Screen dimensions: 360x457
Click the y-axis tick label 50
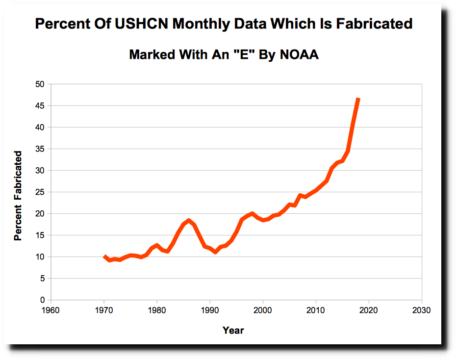pos(40,84)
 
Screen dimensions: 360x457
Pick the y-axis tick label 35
pos(40,149)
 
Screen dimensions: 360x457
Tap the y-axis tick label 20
pos(40,214)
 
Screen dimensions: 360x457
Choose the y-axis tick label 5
pos(42,279)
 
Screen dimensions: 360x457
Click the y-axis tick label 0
pos(42,300)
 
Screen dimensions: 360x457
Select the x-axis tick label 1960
pos(51,310)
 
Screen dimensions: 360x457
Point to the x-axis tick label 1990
pos(210,310)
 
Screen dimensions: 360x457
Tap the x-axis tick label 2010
pos(316,310)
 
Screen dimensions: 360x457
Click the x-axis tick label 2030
pos(422,310)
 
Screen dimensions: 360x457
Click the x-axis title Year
pos(233,330)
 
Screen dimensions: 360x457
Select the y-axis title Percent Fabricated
pos(18,196)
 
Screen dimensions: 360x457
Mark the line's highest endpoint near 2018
pos(358,99)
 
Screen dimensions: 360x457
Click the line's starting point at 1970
pos(104,256)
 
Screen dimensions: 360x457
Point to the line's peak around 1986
pos(189,221)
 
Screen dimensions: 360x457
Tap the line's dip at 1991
pos(215,252)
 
